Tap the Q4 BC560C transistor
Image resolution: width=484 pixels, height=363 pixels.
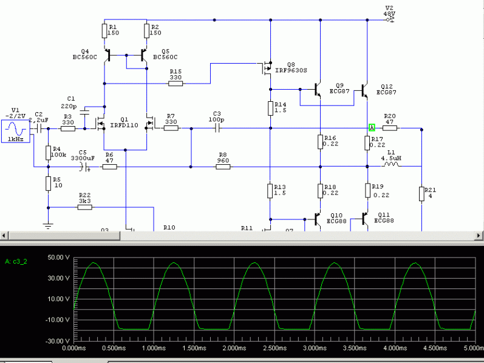click(107, 56)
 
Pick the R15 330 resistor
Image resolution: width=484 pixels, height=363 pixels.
click(176, 83)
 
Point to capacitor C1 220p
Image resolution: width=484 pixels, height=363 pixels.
click(84, 112)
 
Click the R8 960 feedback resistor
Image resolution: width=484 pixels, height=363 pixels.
click(223, 166)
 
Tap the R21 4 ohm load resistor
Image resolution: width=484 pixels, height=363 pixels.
click(421, 194)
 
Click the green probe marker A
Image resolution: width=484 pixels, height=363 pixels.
click(372, 127)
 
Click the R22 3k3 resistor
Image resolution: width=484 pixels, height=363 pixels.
click(85, 207)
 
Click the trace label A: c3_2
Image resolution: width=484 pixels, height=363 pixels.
click(16, 262)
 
